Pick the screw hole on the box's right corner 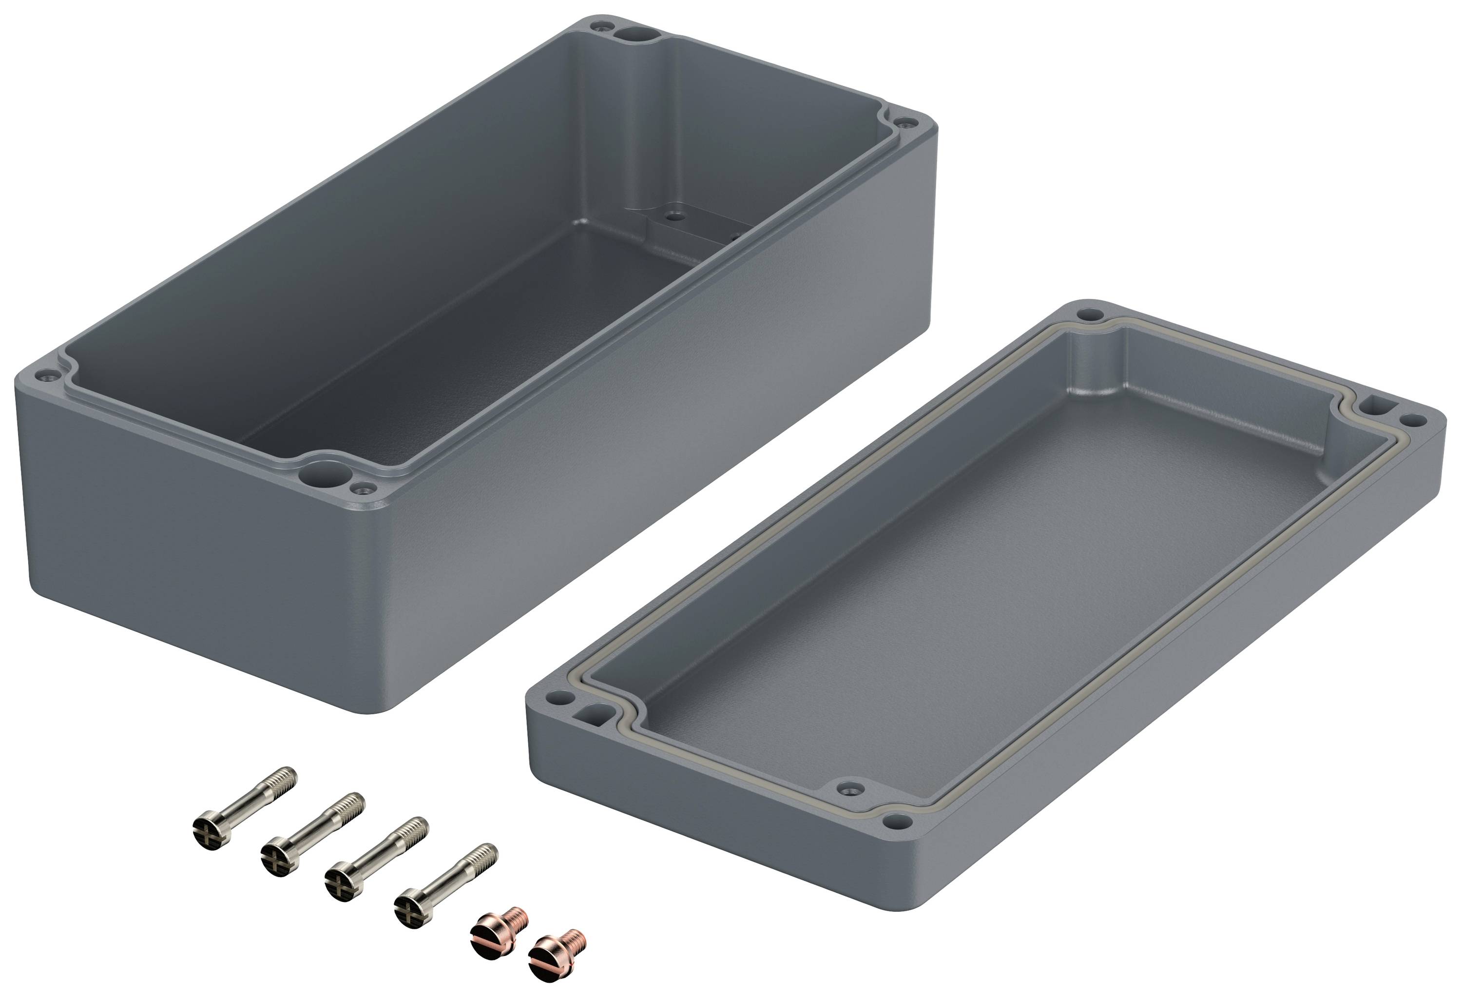click(905, 123)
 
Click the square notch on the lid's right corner click(1376, 403)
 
